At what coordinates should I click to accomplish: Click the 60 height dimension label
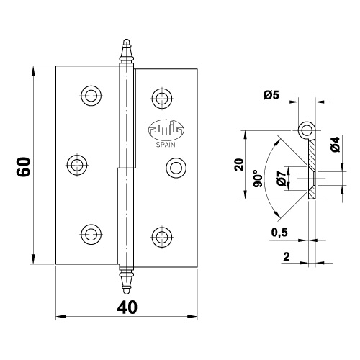coord(24,167)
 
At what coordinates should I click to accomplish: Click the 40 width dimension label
coord(127,307)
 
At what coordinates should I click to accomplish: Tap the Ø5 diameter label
coord(271,95)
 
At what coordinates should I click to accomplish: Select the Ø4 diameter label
coord(335,144)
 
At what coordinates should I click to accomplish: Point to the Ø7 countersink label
coord(281,179)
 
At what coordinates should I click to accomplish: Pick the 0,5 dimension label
coord(279,232)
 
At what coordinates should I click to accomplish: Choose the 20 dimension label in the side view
coord(239,164)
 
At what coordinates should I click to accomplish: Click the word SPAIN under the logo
coord(166,145)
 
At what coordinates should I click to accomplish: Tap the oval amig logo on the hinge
coord(166,130)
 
